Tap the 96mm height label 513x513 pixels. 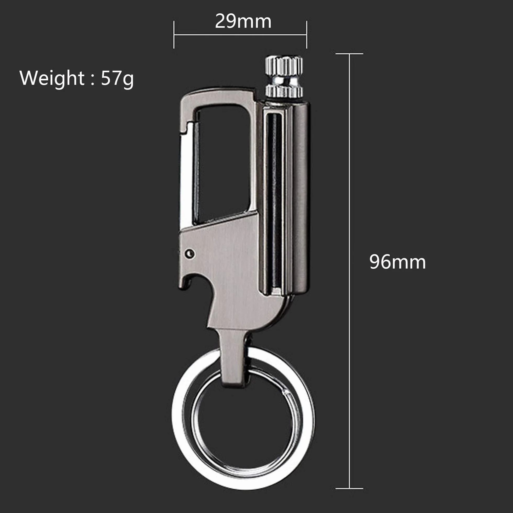[x=398, y=262]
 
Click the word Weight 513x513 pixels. [x=52, y=78]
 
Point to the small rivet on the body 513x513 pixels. [x=190, y=253]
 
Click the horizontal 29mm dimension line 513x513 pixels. [x=240, y=34]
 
